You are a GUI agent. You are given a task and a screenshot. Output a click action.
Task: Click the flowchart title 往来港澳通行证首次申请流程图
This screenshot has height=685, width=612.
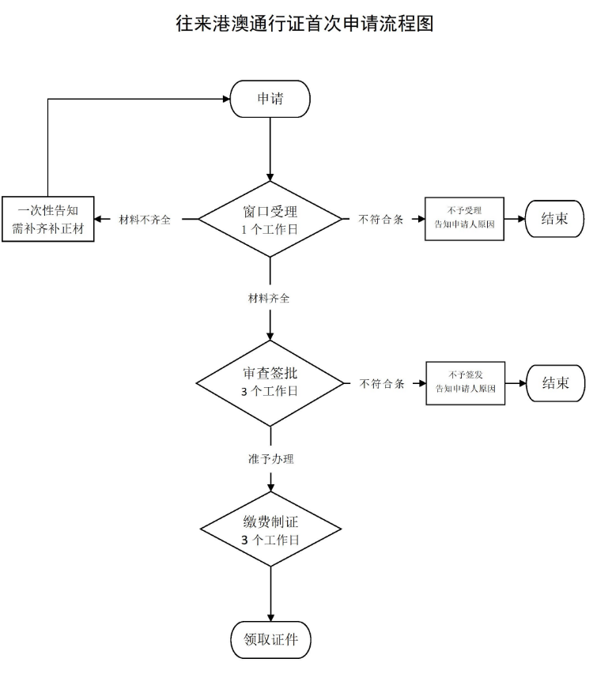tap(305, 24)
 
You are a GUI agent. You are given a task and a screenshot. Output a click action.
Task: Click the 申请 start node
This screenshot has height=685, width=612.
tap(270, 100)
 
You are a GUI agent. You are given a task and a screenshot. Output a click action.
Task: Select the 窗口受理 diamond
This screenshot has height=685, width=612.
tap(270, 219)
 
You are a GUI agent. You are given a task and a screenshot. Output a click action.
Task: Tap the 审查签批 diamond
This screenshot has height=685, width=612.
tap(270, 383)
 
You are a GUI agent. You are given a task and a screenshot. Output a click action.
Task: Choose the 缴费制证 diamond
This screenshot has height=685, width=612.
tap(270, 530)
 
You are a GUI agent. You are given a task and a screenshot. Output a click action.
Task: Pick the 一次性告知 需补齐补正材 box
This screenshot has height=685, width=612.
tap(48, 219)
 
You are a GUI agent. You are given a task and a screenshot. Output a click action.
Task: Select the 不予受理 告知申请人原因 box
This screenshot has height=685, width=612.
tap(464, 218)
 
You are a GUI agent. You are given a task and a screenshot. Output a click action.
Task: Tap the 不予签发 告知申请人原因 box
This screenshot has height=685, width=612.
tap(465, 382)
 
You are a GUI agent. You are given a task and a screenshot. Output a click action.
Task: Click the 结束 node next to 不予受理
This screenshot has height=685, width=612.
tap(554, 219)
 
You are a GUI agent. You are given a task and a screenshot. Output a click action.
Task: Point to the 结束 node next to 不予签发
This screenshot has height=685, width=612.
tap(556, 383)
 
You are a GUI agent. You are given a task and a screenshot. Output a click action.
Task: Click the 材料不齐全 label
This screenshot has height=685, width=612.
tap(145, 220)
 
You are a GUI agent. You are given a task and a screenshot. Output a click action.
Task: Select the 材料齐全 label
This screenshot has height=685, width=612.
tap(270, 299)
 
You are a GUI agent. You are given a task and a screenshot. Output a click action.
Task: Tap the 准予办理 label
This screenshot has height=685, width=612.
tap(270, 458)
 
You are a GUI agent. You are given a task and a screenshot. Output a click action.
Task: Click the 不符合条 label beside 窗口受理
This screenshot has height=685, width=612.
tap(381, 220)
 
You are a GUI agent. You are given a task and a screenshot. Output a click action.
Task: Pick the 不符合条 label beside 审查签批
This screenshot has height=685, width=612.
tap(382, 384)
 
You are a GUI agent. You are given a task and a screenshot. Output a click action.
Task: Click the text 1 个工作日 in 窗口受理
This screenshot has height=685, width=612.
tap(270, 229)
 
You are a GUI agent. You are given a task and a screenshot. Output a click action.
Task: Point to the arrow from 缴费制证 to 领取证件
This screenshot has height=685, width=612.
tap(270, 593)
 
